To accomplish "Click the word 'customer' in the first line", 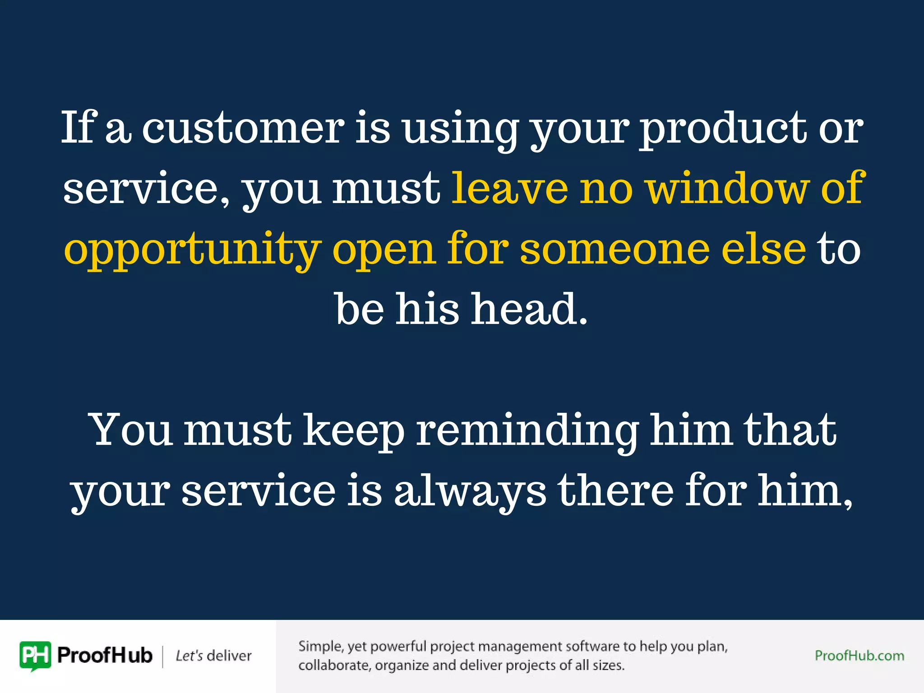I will tap(243, 128).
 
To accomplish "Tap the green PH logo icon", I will tap(35, 655).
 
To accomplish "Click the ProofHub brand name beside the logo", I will tap(105, 656).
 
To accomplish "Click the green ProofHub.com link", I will tap(859, 656).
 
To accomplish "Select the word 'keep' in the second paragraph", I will tap(353, 431).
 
